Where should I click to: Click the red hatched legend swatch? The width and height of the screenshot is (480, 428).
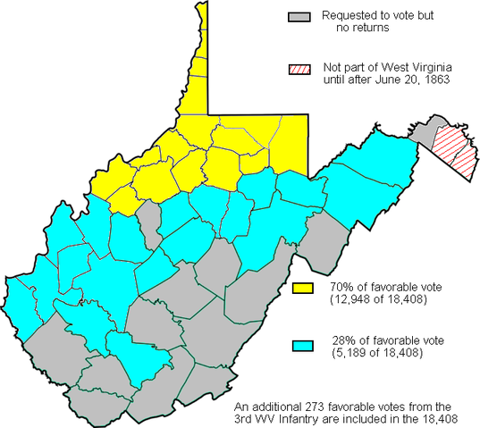[299, 69]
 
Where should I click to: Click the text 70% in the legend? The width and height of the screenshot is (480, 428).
[341, 286]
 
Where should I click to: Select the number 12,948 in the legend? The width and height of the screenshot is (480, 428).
[349, 298]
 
